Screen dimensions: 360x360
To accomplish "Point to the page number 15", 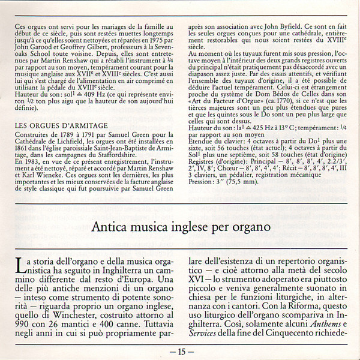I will tap(180, 351).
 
